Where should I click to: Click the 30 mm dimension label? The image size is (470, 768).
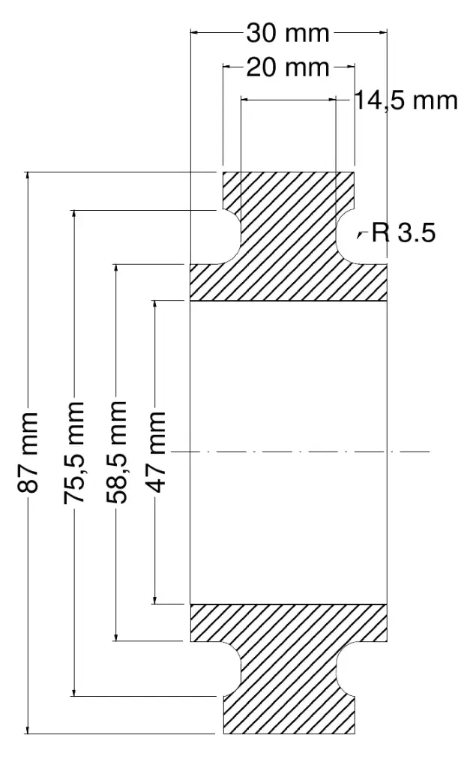(287, 33)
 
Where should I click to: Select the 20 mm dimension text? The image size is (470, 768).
(287, 67)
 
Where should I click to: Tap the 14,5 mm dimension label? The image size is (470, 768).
(406, 100)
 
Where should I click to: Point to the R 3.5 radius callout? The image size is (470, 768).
(403, 232)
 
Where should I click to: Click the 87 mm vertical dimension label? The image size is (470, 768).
(28, 452)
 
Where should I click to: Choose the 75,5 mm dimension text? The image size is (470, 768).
(74, 452)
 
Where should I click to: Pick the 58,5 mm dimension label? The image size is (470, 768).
(116, 452)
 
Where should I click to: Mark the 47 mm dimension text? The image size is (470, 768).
(155, 452)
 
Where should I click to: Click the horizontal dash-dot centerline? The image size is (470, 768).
(302, 451)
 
